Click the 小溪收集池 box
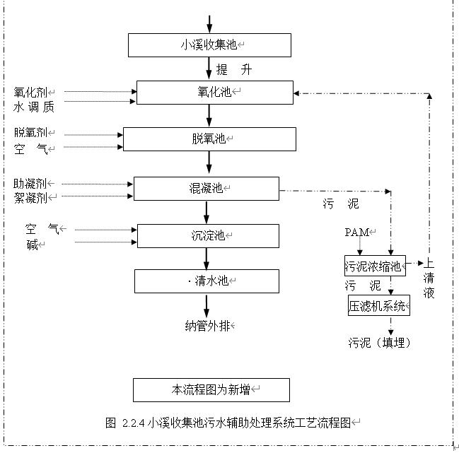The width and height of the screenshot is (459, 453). [x=209, y=45]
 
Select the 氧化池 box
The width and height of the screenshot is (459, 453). [x=214, y=93]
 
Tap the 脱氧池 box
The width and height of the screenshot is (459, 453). [x=209, y=139]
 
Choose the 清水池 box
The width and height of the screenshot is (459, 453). [x=207, y=281]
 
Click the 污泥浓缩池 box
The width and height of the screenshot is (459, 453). [x=375, y=266]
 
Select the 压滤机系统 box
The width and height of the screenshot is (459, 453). [x=378, y=306]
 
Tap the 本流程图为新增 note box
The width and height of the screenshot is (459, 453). [x=211, y=389]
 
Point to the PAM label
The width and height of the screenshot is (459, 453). [x=357, y=232]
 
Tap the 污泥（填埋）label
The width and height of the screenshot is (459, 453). [x=378, y=343]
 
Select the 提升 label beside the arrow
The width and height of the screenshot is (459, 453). [x=233, y=70]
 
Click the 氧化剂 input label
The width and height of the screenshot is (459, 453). [x=30, y=92]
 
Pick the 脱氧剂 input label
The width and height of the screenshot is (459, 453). [x=30, y=133]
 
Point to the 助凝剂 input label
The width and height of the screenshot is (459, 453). [x=30, y=184]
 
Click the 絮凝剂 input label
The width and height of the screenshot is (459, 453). [x=30, y=197]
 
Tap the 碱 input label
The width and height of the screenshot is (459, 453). [x=33, y=244]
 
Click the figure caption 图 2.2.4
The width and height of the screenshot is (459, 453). [x=228, y=423]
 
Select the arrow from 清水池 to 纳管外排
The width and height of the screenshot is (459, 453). [x=207, y=305]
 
